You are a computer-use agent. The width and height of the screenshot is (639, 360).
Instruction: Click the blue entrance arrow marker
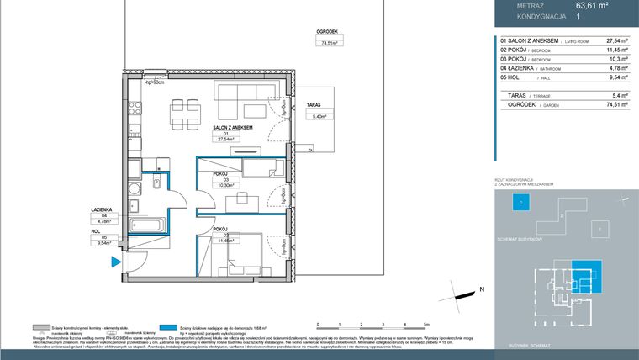point(114,263)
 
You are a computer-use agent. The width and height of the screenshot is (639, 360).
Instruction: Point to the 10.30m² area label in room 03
point(226,184)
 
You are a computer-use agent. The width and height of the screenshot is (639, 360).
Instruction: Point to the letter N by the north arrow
point(482,289)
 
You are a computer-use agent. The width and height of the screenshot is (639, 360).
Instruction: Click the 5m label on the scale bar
point(427,325)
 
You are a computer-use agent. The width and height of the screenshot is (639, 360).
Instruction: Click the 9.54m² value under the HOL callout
point(105,241)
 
